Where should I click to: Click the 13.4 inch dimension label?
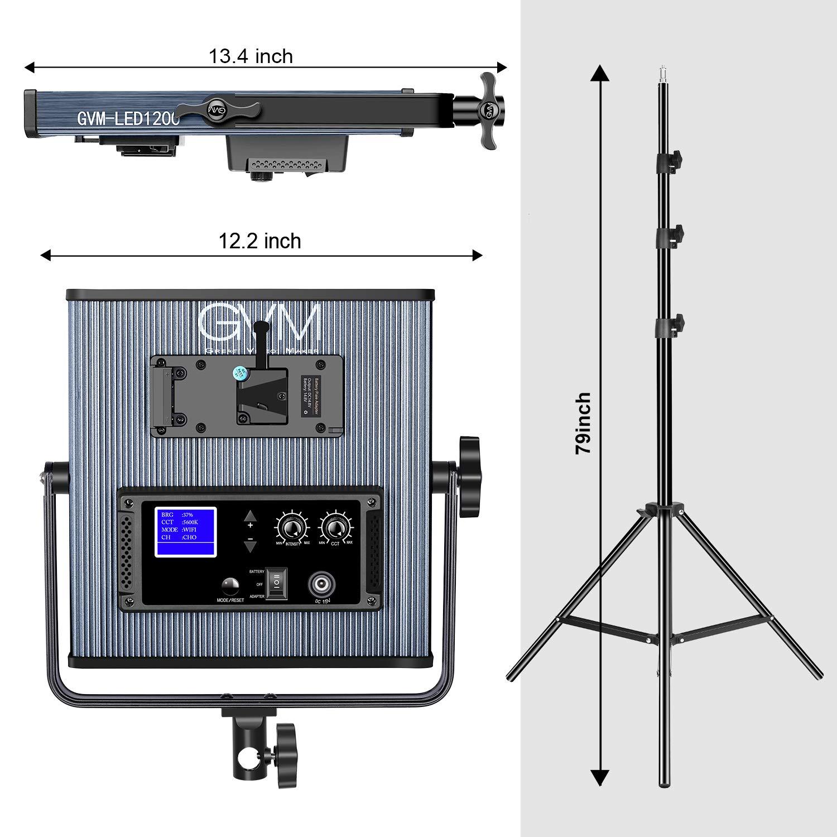(x=251, y=56)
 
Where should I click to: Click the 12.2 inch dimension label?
(x=259, y=241)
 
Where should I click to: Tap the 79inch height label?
(x=583, y=423)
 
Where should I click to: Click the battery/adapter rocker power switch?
(x=276, y=584)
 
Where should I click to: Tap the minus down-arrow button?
(x=251, y=545)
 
